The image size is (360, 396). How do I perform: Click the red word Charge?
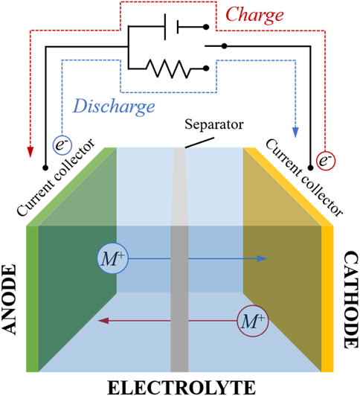[254, 16]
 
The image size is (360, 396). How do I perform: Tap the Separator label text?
[214, 124]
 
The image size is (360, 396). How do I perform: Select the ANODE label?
[10, 299]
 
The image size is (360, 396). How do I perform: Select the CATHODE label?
[351, 300]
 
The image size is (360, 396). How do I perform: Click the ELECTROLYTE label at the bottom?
[181, 387]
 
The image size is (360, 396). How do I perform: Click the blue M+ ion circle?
[113, 258]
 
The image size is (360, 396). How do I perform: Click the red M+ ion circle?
[253, 321]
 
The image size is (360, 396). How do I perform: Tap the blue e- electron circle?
[62, 145]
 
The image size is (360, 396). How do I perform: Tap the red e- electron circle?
[326, 161]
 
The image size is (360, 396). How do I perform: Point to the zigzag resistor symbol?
[169, 68]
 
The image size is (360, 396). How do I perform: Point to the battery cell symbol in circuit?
[172, 27]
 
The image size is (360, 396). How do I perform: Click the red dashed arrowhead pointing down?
[30, 153]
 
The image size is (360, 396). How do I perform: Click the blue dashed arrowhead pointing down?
[295, 132]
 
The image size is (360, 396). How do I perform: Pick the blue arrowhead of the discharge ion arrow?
[262, 258]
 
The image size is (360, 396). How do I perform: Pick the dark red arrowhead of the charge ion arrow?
[103, 321]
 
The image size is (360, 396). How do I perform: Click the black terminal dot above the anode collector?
[45, 167]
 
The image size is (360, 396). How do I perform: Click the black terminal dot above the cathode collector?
[311, 167]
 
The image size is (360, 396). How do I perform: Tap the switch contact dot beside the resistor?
[206, 68]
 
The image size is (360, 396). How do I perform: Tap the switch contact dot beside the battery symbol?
[206, 27]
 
